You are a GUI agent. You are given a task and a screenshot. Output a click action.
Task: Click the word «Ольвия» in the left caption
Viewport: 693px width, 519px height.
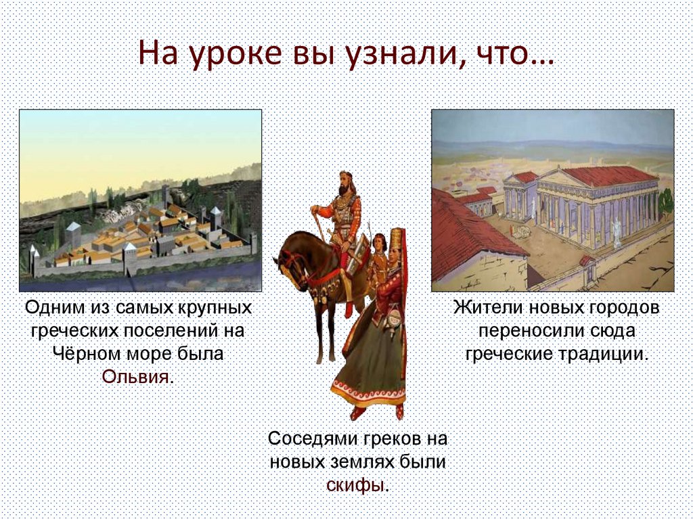[x=135, y=377]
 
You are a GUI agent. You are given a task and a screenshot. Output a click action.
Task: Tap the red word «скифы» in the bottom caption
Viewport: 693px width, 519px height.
[x=355, y=485]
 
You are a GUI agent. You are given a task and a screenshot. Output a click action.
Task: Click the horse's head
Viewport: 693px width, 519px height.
[x=288, y=265]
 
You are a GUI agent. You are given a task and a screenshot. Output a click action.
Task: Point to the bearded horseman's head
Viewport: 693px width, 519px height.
[x=346, y=183]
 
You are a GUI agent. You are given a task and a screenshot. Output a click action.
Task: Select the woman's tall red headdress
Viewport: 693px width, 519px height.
[x=397, y=241]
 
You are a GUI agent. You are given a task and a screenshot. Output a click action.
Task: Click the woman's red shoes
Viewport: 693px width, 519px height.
[x=376, y=412]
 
